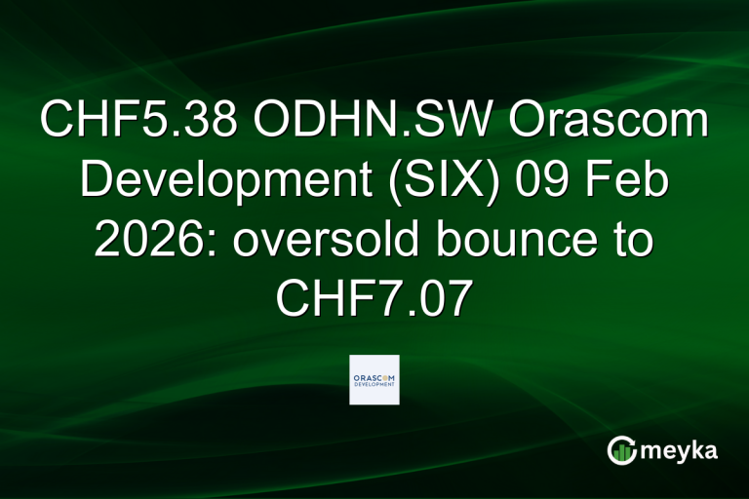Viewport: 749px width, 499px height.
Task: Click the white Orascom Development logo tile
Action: [374, 380]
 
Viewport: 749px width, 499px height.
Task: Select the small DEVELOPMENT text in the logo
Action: [374, 385]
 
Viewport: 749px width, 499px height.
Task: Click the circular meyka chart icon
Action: [620, 450]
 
